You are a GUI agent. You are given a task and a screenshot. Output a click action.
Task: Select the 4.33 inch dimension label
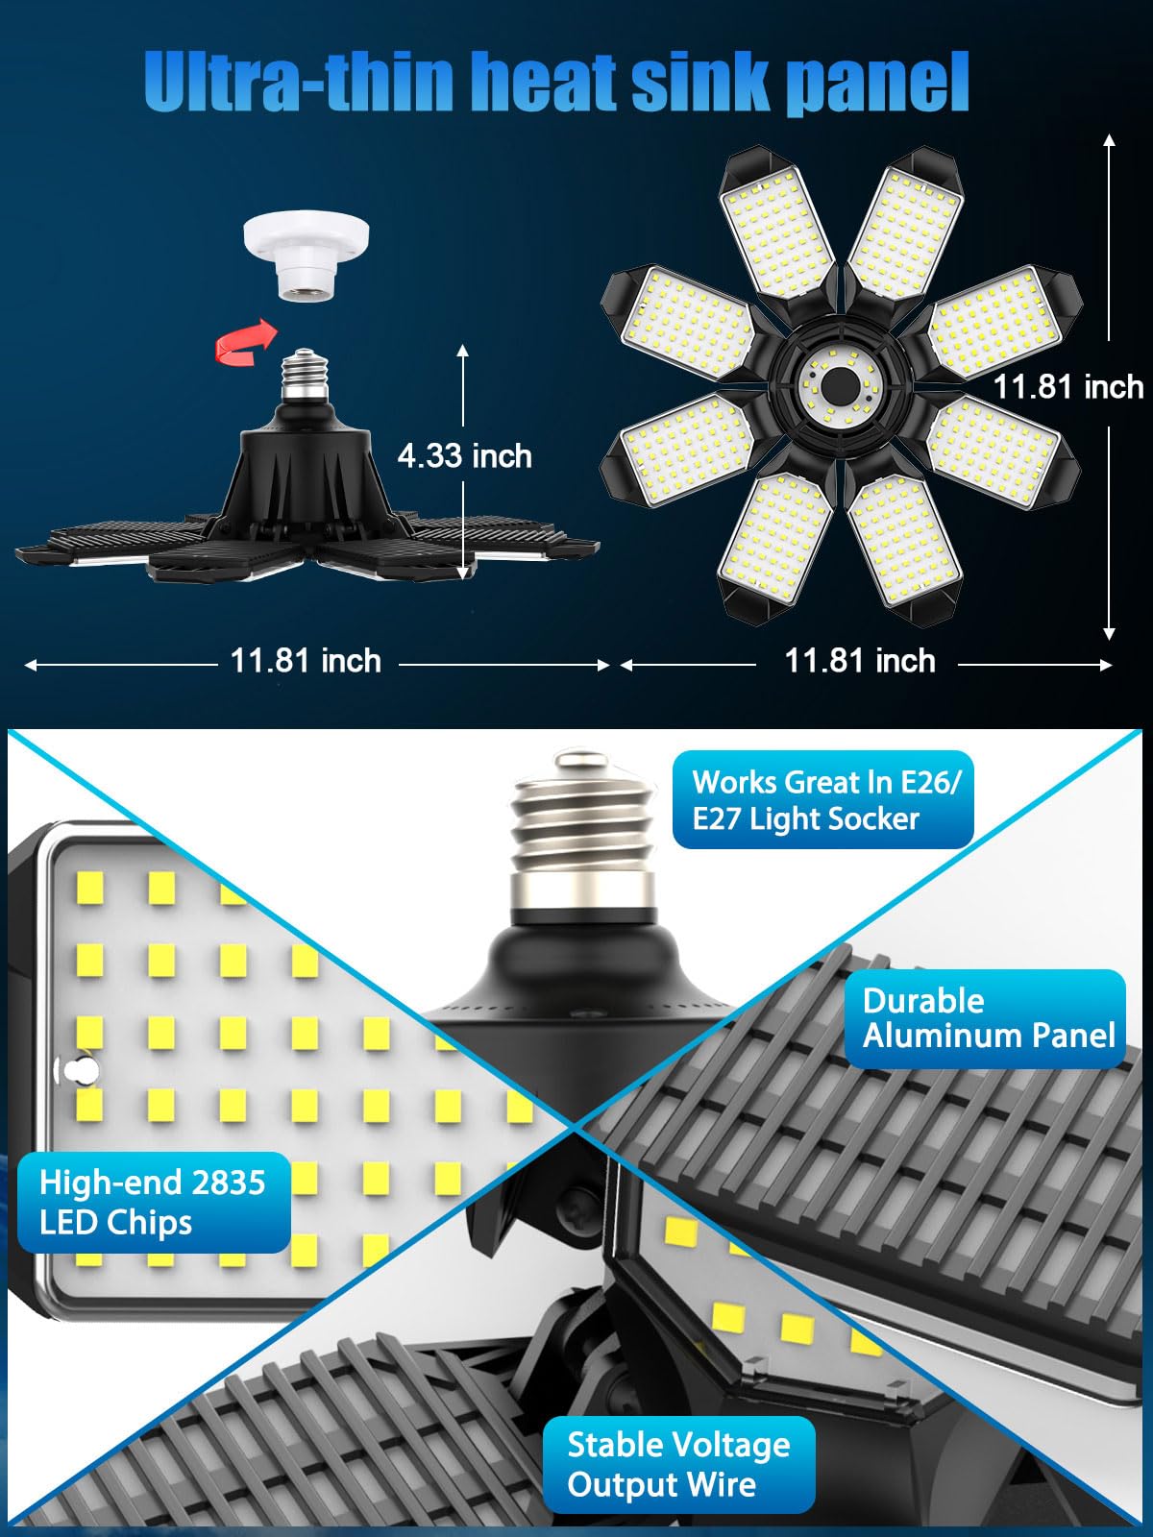pyautogui.click(x=465, y=455)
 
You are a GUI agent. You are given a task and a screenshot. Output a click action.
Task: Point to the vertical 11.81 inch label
pyautogui.click(x=1067, y=386)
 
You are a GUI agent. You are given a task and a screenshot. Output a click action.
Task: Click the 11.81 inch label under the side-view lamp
pyautogui.click(x=306, y=661)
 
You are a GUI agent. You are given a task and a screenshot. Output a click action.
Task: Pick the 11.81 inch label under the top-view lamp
pyautogui.click(x=860, y=661)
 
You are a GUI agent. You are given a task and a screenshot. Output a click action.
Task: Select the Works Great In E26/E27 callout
pyautogui.click(x=823, y=800)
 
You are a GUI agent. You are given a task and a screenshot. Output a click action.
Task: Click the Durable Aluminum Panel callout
pyautogui.click(x=987, y=1018)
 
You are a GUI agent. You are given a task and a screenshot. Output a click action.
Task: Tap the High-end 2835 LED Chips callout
pyautogui.click(x=153, y=1202)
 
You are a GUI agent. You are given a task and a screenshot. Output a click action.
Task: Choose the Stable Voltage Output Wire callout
pyautogui.click(x=678, y=1464)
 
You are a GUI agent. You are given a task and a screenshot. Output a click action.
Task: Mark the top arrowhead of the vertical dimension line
pyautogui.click(x=1110, y=140)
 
